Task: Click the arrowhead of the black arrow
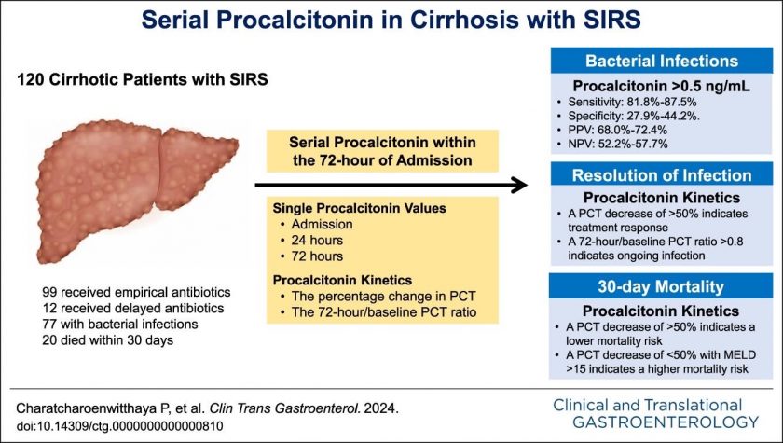(x=520, y=185)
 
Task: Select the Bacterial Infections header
(x=662, y=61)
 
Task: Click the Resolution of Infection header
(x=662, y=175)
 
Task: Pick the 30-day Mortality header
(x=661, y=286)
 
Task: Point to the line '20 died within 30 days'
(x=108, y=340)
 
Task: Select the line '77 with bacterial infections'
(x=120, y=325)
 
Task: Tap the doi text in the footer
(x=120, y=426)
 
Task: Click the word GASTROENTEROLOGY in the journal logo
(x=666, y=422)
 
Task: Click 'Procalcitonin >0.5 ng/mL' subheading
(x=661, y=86)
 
